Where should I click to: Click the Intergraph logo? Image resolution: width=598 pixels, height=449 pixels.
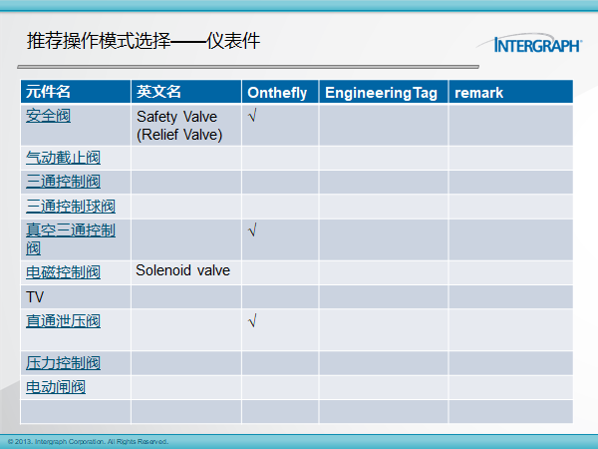tap(529, 42)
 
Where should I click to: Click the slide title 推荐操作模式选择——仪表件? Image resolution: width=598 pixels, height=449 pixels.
tap(144, 41)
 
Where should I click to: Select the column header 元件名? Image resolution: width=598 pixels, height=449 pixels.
tap(48, 92)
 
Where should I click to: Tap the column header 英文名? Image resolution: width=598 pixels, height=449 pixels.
tap(158, 92)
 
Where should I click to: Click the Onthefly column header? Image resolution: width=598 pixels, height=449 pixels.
tap(277, 93)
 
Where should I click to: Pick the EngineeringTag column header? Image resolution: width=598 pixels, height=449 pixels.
tap(381, 93)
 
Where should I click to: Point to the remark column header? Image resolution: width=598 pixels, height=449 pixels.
tap(479, 93)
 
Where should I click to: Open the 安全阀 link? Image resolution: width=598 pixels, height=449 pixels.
tap(48, 116)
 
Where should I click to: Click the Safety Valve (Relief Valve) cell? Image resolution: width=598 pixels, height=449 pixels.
tap(179, 126)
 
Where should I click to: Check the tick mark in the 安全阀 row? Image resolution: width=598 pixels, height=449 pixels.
tap(252, 115)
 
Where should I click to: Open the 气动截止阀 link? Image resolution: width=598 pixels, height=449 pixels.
tap(64, 158)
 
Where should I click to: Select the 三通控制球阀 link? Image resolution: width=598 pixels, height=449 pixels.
tap(71, 207)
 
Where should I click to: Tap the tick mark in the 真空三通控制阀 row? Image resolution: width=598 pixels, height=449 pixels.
tap(252, 229)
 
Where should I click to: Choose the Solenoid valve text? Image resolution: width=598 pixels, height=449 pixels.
tap(183, 270)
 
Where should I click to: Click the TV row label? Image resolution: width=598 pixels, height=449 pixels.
tap(35, 297)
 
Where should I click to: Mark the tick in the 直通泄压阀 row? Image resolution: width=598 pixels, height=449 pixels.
tap(252, 320)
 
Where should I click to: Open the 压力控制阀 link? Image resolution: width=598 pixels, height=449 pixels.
tap(64, 363)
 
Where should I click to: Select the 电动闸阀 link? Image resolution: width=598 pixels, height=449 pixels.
tap(56, 387)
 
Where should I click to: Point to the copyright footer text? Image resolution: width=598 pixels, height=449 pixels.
tap(88, 442)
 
